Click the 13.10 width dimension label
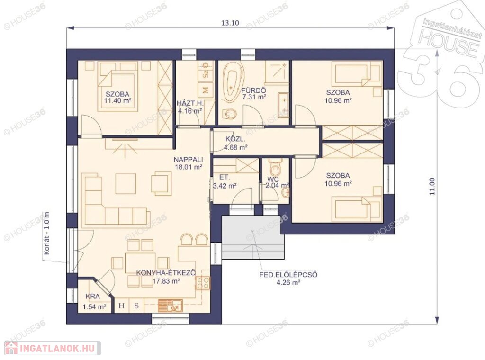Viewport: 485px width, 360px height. [x=230, y=23]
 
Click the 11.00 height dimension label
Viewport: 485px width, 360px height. [x=432, y=186]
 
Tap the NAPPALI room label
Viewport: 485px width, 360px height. [x=188, y=160]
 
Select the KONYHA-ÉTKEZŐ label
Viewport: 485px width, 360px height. [x=166, y=273]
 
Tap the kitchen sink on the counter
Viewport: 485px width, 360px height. [x=171, y=306]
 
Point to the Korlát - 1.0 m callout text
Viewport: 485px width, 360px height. [x=47, y=233]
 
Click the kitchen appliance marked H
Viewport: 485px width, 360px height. [x=122, y=306]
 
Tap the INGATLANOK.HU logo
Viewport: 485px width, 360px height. [x=50, y=349]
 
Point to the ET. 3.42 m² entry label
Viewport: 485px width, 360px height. [x=225, y=181]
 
